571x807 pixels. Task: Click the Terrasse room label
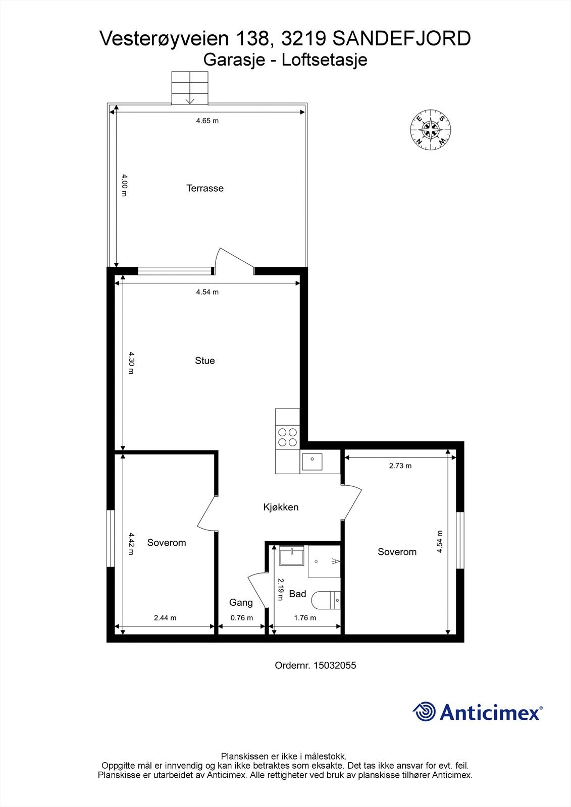(205, 188)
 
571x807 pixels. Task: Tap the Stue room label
(205, 361)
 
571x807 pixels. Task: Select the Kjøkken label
(281, 507)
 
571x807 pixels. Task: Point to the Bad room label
(297, 594)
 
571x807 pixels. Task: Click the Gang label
(241, 602)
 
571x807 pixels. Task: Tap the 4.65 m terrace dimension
(207, 121)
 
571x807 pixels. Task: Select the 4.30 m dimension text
(131, 363)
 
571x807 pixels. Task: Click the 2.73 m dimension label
(400, 466)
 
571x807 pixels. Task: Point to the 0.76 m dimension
(242, 618)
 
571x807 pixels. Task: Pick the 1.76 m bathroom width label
(305, 618)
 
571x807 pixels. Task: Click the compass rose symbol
(430, 130)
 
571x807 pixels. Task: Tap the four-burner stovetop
(287, 437)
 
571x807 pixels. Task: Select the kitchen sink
(313, 461)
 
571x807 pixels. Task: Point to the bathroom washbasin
(292, 557)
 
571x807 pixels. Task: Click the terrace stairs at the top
(190, 88)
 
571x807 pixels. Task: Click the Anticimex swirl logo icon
(425, 712)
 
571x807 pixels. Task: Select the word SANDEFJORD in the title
(402, 39)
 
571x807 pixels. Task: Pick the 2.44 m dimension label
(166, 618)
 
